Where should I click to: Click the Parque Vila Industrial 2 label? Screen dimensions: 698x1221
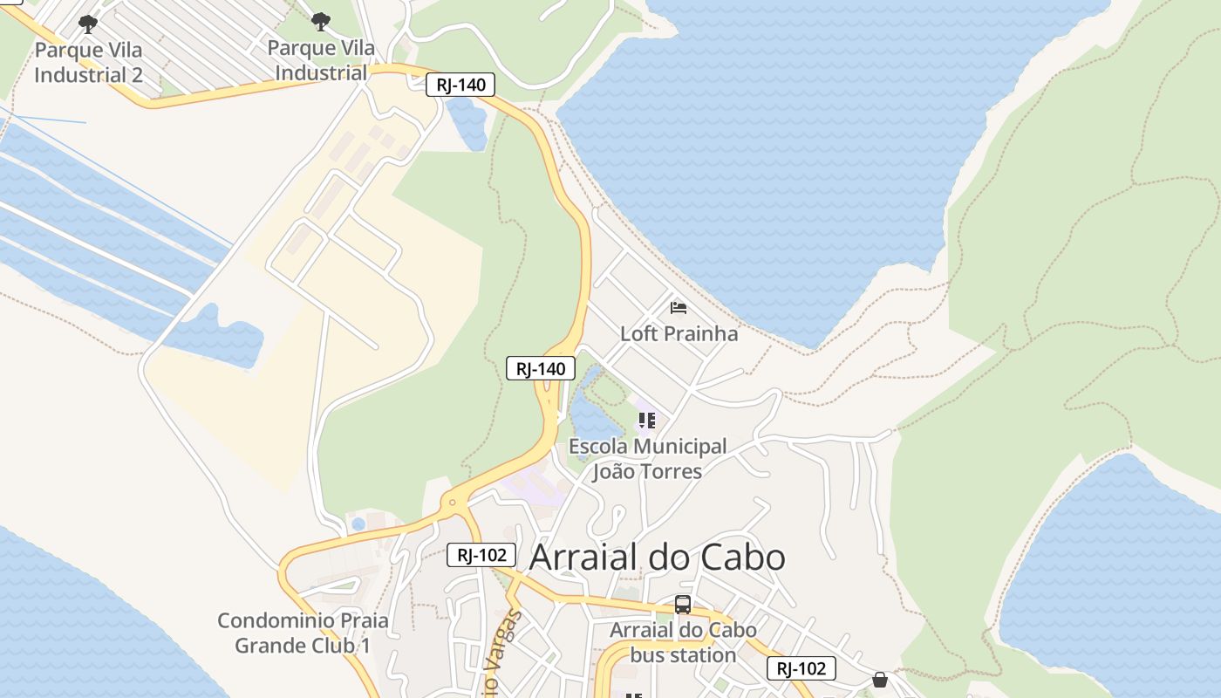click(88, 62)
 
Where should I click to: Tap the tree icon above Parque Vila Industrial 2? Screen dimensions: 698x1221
click(88, 23)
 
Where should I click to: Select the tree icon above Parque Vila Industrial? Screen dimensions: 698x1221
click(321, 21)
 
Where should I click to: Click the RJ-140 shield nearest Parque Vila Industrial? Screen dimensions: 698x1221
click(460, 85)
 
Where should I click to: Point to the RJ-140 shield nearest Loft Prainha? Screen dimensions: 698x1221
click(541, 368)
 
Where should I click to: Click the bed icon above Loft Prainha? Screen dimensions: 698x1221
click(679, 307)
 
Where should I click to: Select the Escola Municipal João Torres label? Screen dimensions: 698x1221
click(647, 459)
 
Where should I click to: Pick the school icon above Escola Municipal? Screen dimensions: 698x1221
click(647, 421)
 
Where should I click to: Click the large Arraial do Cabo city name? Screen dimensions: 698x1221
click(658, 557)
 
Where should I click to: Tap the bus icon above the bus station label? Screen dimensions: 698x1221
click(683, 604)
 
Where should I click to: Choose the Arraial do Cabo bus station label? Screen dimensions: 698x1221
click(683, 642)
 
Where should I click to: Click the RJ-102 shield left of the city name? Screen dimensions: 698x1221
click(481, 555)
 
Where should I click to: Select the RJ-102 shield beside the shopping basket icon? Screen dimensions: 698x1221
click(801, 668)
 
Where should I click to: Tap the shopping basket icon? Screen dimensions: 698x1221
click(880, 679)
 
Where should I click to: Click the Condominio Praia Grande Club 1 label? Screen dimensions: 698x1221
click(303, 633)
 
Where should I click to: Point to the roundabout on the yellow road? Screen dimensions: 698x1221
click(452, 502)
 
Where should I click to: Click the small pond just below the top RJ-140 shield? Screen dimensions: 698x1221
click(467, 121)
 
